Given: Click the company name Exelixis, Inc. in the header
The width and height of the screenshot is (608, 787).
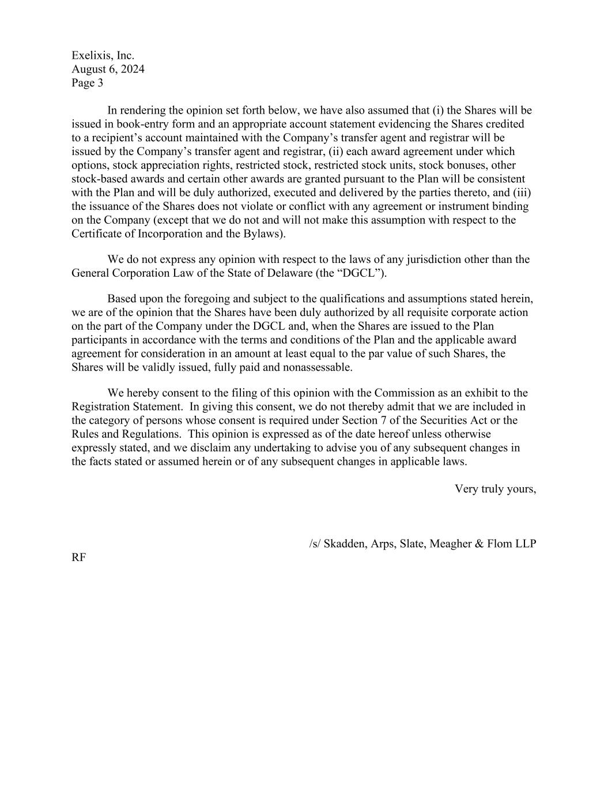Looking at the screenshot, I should pyautogui.click(x=103, y=55).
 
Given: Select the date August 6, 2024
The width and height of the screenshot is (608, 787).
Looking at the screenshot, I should pyautogui.click(x=108, y=69).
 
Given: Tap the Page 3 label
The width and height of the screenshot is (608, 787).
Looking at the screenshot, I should pyautogui.click(x=87, y=83).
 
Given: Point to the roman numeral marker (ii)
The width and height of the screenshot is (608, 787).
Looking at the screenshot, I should pyautogui.click(x=335, y=152).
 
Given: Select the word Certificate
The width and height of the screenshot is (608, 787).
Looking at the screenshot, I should pyautogui.click(x=95, y=234).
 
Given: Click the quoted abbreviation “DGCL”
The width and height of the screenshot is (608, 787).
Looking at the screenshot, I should pyautogui.click(x=365, y=273).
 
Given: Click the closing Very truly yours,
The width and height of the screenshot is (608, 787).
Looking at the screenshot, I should pyautogui.click(x=496, y=489).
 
